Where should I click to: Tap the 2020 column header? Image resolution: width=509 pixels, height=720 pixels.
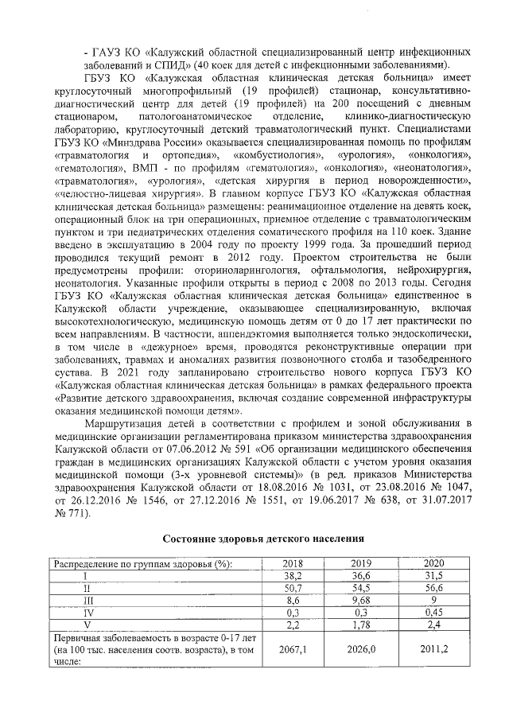coord(433,564)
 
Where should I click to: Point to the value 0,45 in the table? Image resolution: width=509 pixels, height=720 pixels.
coord(433,613)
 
